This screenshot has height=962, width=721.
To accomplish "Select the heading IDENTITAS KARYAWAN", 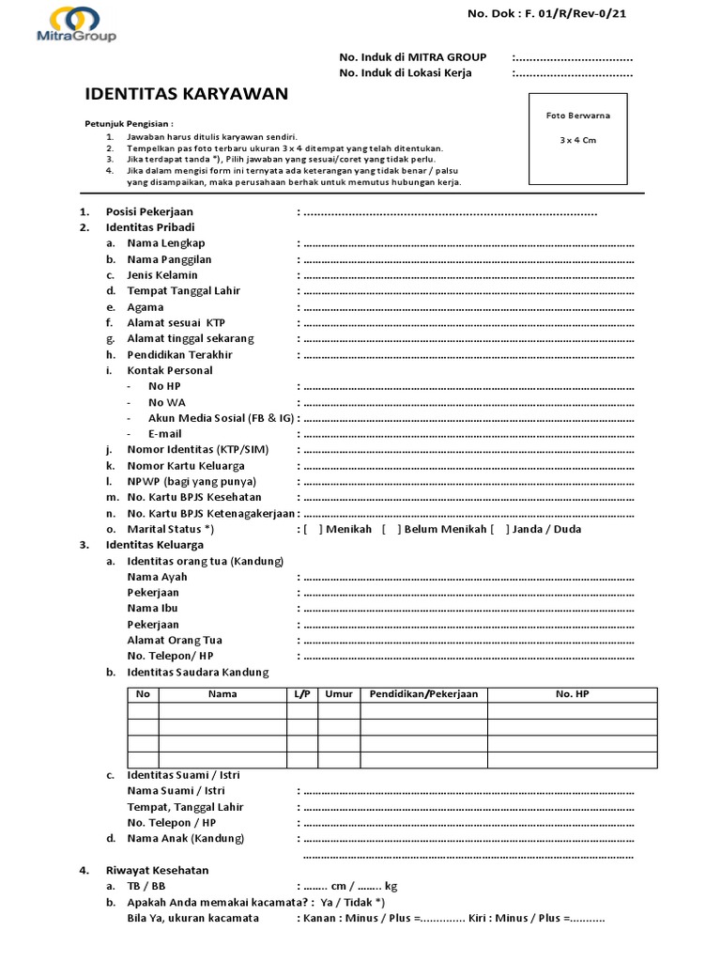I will [x=187, y=94].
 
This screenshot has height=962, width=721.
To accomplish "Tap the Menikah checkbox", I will [x=314, y=529].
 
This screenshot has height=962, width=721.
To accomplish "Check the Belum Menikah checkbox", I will [x=391, y=529].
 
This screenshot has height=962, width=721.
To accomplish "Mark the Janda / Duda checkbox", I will [x=499, y=529].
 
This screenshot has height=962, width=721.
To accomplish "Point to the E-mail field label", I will [x=164, y=434].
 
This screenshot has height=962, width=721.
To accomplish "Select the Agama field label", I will [x=146, y=307].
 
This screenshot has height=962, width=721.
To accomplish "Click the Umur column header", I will [x=339, y=694].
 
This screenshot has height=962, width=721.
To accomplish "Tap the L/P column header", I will [x=301, y=694].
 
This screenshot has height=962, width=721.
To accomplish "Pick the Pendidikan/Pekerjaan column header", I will [x=423, y=694].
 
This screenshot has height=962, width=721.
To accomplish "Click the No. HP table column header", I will [x=572, y=694].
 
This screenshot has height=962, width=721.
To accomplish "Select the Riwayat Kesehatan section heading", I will [x=157, y=871].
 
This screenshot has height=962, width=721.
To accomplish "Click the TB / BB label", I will [x=147, y=886].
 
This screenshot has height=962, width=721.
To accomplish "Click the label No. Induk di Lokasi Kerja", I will [x=406, y=73].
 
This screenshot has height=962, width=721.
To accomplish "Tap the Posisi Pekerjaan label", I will [x=149, y=212].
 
